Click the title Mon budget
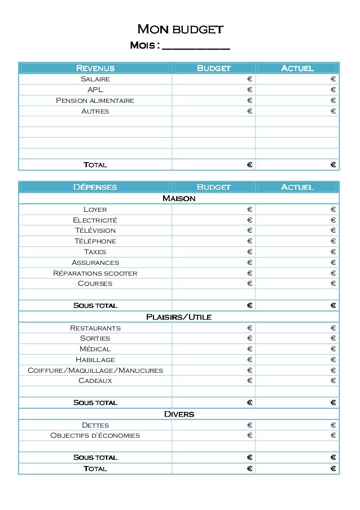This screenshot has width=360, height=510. point(181,29)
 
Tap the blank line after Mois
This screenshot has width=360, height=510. point(196,45)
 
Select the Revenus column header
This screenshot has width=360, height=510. point(95,68)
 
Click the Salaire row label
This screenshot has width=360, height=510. point(95,79)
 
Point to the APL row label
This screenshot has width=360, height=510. point(95,90)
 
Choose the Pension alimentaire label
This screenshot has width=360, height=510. point(95,101)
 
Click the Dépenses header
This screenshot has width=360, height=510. point(95,187)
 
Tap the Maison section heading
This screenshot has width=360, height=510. point(179,198)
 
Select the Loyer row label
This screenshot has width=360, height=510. point(95,210)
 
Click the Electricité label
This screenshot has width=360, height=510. point(95,220)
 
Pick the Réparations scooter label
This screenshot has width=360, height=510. point(95,273)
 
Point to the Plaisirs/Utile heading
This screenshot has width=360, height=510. point(179,317)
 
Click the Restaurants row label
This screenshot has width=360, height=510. point(95,328)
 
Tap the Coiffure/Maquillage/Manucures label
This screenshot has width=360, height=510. point(95,370)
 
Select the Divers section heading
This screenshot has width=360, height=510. point(179,414)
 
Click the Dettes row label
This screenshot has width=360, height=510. point(95,425)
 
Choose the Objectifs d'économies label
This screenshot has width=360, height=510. point(95,435)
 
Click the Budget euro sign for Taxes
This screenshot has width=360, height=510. point(249,252)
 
